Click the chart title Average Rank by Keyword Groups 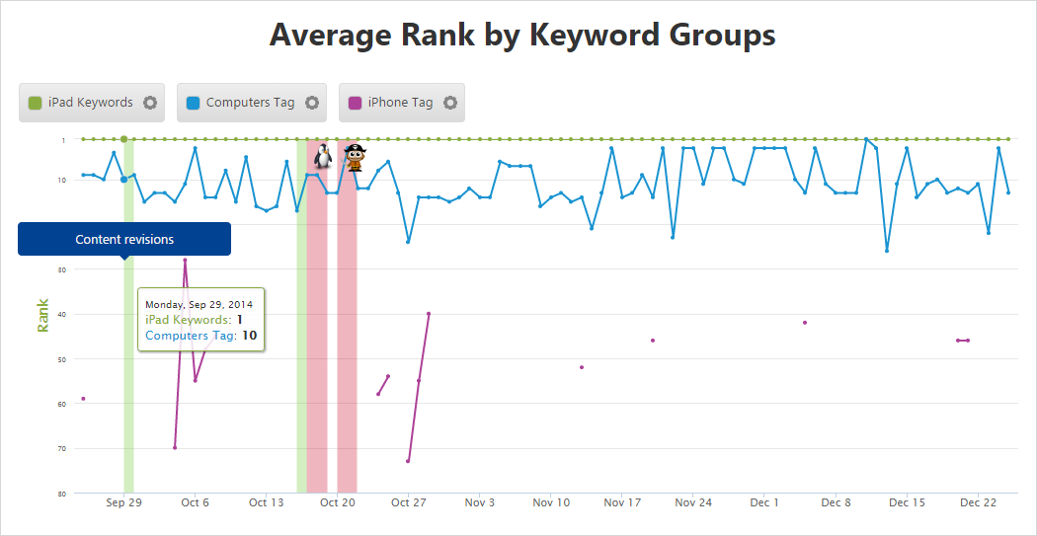click(x=521, y=35)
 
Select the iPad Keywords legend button click(x=81, y=103)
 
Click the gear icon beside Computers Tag click(x=312, y=103)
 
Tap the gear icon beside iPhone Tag click(x=450, y=103)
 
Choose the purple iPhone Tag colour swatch click(x=355, y=103)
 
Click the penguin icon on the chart click(x=322, y=155)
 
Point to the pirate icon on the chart click(x=354, y=156)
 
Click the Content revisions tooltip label click(x=124, y=239)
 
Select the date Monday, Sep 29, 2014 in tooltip click(x=199, y=304)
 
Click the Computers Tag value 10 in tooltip click(x=250, y=336)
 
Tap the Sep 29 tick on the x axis click(x=123, y=502)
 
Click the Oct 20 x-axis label click(x=337, y=502)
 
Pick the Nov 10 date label click(x=551, y=502)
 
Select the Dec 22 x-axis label click(x=978, y=502)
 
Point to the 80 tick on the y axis click(x=61, y=494)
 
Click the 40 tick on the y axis click(x=61, y=314)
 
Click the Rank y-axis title click(x=42, y=315)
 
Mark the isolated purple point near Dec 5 click(x=805, y=323)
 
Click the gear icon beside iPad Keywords click(x=150, y=103)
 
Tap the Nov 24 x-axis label click(x=693, y=502)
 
